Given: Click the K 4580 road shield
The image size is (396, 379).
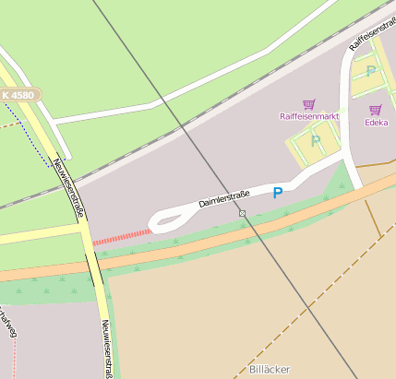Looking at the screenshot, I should [18, 95].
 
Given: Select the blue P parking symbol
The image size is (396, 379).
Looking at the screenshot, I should [277, 193].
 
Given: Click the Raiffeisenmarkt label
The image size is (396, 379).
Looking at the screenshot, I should [309, 117].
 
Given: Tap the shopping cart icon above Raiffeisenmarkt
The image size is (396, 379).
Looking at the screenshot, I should [308, 104].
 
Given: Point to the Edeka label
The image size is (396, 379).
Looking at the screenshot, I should [376, 122].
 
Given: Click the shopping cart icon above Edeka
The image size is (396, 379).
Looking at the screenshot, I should [375, 110].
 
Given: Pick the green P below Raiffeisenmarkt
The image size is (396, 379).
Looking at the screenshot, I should [316, 141].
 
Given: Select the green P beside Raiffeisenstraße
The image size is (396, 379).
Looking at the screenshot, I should [371, 71].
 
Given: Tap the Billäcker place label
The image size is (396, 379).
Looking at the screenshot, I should [270, 369].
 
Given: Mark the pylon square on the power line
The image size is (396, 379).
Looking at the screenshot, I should [242, 213].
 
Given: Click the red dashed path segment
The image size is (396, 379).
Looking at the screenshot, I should [120, 236].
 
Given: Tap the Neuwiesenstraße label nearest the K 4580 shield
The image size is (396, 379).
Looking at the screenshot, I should [70, 188].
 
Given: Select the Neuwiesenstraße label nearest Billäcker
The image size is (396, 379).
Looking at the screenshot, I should [108, 349].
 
